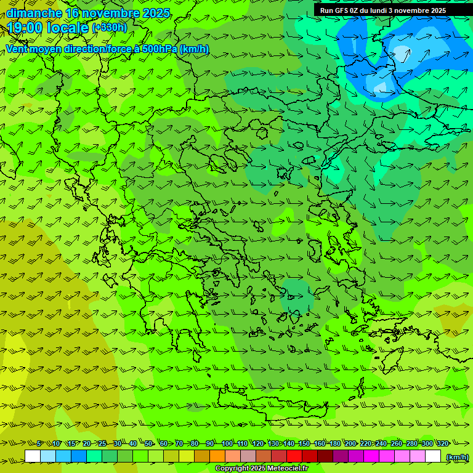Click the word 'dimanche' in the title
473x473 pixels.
(x=34, y=13)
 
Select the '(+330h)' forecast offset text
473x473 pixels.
(x=110, y=27)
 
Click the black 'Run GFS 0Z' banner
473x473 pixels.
(x=382, y=10)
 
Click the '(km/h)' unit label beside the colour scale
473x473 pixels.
(x=456, y=457)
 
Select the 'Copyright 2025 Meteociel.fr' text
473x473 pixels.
(x=262, y=469)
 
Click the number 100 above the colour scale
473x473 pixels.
(x=227, y=444)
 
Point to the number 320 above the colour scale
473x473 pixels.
(x=442, y=444)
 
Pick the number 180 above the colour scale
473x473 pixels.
(x=334, y=444)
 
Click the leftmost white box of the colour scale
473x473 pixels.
(x=33, y=456)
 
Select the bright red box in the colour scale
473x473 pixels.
(x=294, y=456)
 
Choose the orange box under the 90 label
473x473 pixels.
(x=217, y=456)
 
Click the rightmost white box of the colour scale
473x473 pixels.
(x=433, y=456)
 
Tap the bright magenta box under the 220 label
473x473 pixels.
(x=371, y=456)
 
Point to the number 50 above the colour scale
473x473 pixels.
(x=148, y=444)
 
